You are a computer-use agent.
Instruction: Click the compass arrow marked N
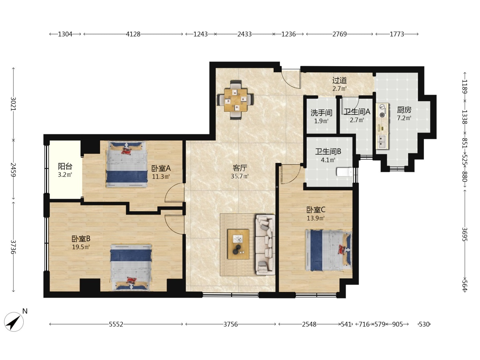click(14, 322)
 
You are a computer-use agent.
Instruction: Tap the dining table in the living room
click(236, 100)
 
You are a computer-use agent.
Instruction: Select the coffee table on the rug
click(238, 244)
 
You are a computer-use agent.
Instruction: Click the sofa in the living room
click(265, 244)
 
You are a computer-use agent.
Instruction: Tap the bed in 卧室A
click(127, 164)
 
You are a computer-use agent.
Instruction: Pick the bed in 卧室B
click(131, 267)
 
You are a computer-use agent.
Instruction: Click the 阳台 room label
click(65, 167)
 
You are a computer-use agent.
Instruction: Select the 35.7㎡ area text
click(240, 176)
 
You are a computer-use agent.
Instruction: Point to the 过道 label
click(339, 81)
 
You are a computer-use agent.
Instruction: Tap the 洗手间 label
click(321, 113)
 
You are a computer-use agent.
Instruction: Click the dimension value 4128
click(133, 34)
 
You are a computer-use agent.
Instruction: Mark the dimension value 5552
click(116, 324)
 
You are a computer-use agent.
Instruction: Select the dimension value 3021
click(14, 104)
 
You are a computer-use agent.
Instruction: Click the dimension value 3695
click(465, 234)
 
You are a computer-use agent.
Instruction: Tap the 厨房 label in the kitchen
click(404, 110)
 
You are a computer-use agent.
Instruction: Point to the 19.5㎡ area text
click(81, 247)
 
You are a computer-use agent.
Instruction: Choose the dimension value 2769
click(339, 34)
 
